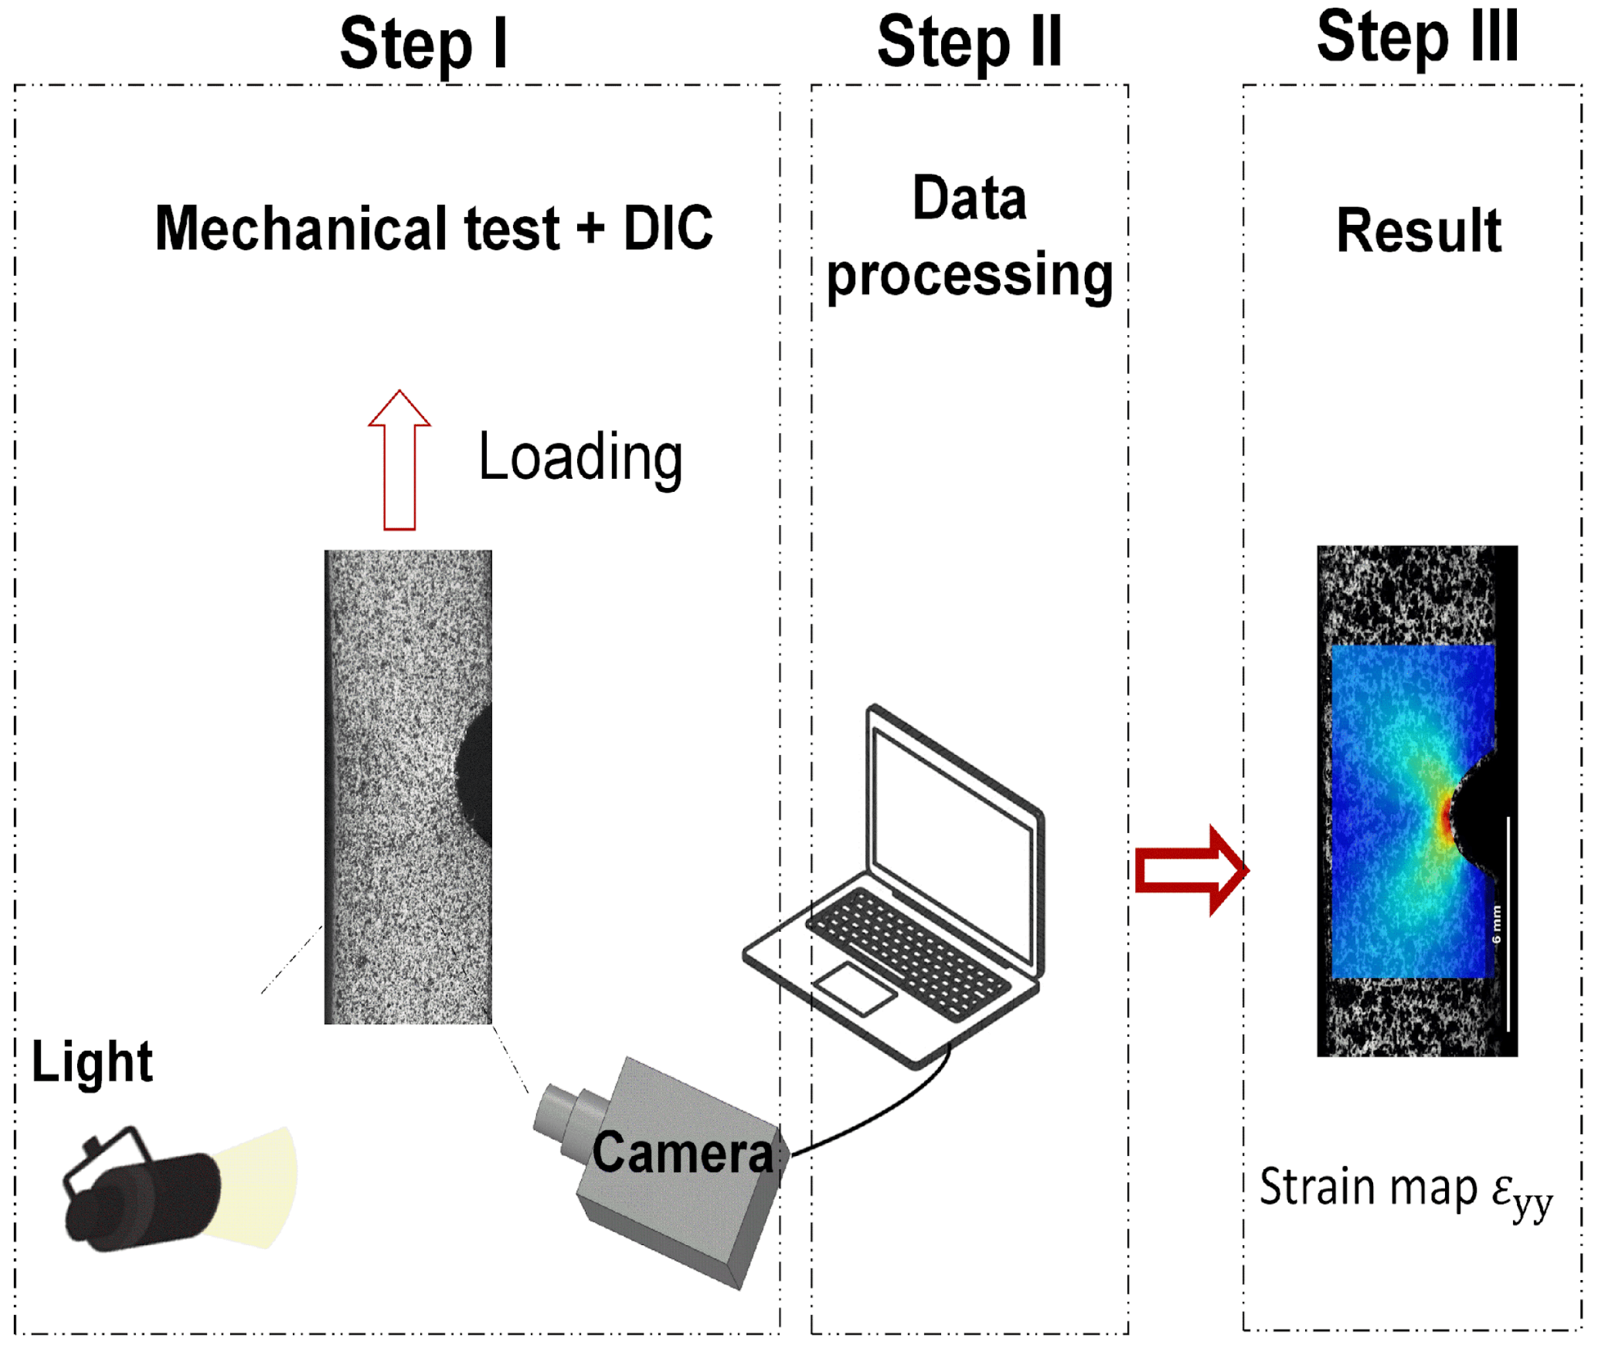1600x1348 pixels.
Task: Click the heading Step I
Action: [x=423, y=44]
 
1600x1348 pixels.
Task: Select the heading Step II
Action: [x=969, y=43]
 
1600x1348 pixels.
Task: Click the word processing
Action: [x=969, y=276]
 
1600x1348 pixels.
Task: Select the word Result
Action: [x=1418, y=231]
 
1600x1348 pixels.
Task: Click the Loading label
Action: [x=580, y=458]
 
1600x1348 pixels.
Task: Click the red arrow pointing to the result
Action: [x=1189, y=871]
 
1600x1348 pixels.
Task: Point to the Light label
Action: [x=92, y=1062]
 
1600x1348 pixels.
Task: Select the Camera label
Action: [x=683, y=1153]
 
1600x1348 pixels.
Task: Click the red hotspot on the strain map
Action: [x=1446, y=819]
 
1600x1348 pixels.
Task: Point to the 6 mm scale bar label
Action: [x=1496, y=924]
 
